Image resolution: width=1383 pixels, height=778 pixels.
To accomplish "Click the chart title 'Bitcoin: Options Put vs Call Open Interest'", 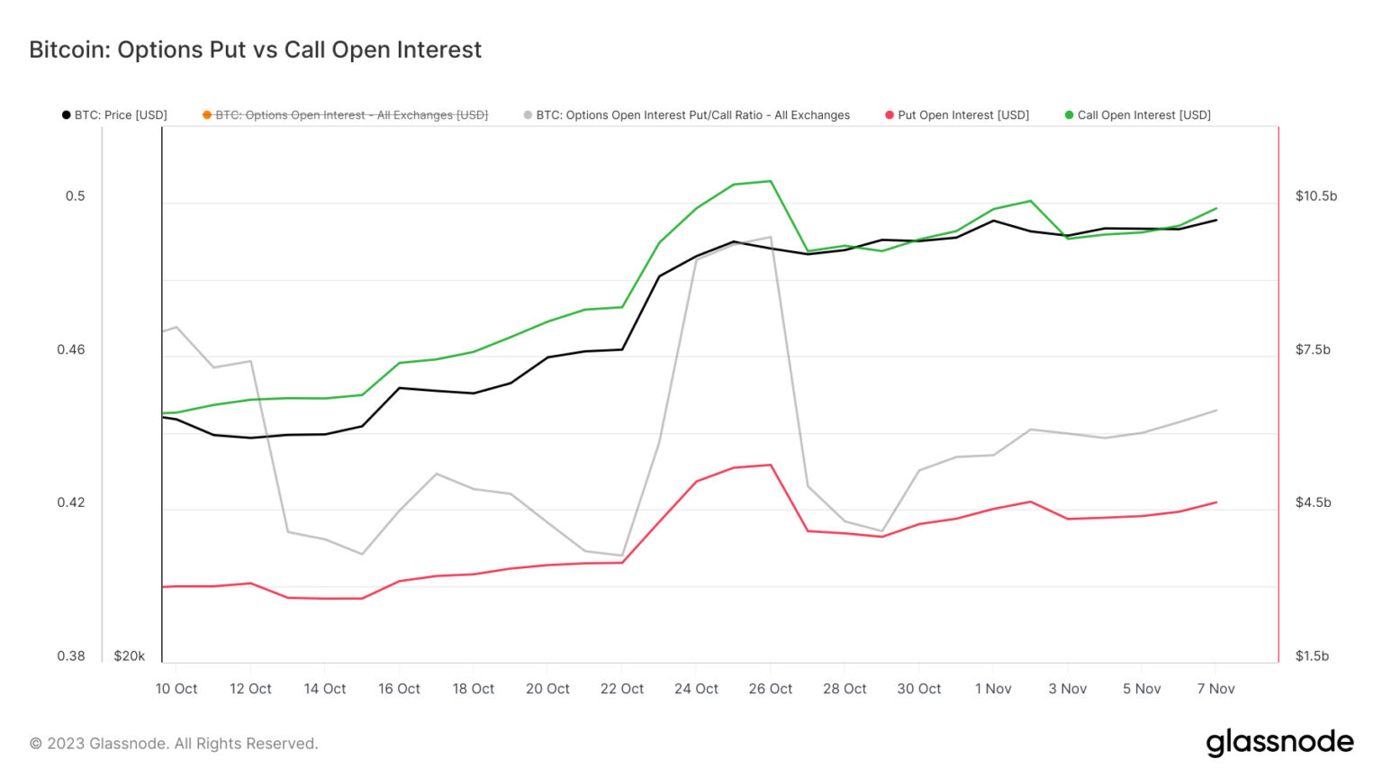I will click(x=255, y=50).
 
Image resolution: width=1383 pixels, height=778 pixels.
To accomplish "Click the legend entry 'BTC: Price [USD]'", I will click(x=114, y=115).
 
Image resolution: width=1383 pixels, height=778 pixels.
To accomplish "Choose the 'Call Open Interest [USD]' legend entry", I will click(x=1138, y=115).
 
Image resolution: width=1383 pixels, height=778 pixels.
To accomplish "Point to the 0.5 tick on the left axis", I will click(x=76, y=196).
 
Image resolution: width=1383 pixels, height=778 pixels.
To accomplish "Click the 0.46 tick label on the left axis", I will click(x=71, y=349).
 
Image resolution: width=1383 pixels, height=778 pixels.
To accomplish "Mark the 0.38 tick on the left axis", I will click(x=71, y=656).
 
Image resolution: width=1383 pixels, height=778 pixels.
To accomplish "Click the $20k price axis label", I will click(x=130, y=656).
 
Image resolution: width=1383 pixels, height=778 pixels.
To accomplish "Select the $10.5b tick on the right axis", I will click(x=1315, y=196).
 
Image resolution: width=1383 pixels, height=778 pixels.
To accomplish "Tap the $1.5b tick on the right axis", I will click(x=1312, y=656).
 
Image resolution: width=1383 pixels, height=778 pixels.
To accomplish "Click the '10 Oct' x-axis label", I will click(x=176, y=689).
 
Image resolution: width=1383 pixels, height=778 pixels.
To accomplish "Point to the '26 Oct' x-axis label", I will click(x=771, y=689).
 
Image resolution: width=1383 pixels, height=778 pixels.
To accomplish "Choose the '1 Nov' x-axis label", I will click(x=993, y=689).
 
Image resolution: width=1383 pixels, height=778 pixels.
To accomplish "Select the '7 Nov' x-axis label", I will click(x=1216, y=689).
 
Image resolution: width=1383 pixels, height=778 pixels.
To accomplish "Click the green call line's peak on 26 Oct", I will click(x=771, y=181).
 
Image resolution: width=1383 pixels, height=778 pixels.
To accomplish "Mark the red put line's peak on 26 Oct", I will click(x=771, y=465).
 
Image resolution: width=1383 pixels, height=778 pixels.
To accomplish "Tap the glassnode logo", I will click(x=1279, y=742).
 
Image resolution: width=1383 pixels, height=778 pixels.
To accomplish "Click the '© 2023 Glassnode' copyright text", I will click(x=174, y=744).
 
